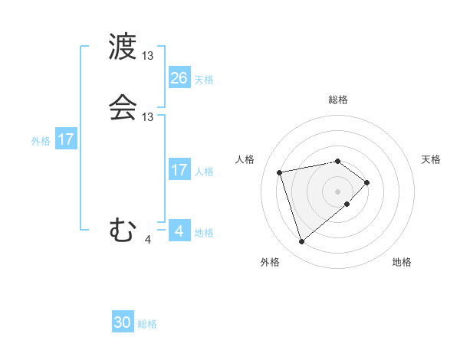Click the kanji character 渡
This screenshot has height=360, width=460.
(x=123, y=47)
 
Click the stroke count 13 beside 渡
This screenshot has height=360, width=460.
(x=148, y=56)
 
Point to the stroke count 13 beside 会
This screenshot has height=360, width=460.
(x=148, y=116)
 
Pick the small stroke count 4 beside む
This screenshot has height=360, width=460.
(x=148, y=240)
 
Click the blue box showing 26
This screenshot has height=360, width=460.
(x=179, y=77)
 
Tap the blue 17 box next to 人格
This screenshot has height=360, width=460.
(x=179, y=170)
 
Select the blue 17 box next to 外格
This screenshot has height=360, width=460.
(x=66, y=139)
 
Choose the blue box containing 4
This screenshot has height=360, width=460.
(x=179, y=231)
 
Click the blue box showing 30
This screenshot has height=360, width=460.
(x=123, y=322)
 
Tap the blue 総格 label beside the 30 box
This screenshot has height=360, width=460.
(x=147, y=324)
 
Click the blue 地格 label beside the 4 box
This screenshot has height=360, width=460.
(x=204, y=232)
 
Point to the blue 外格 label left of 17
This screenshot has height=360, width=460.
(x=41, y=141)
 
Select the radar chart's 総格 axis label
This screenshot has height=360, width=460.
(x=338, y=100)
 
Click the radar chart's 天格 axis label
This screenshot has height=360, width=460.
(x=431, y=159)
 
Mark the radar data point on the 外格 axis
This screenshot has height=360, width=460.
(x=301, y=242)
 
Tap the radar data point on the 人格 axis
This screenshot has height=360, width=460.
(x=280, y=172)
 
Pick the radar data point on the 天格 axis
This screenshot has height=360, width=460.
(x=368, y=182)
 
